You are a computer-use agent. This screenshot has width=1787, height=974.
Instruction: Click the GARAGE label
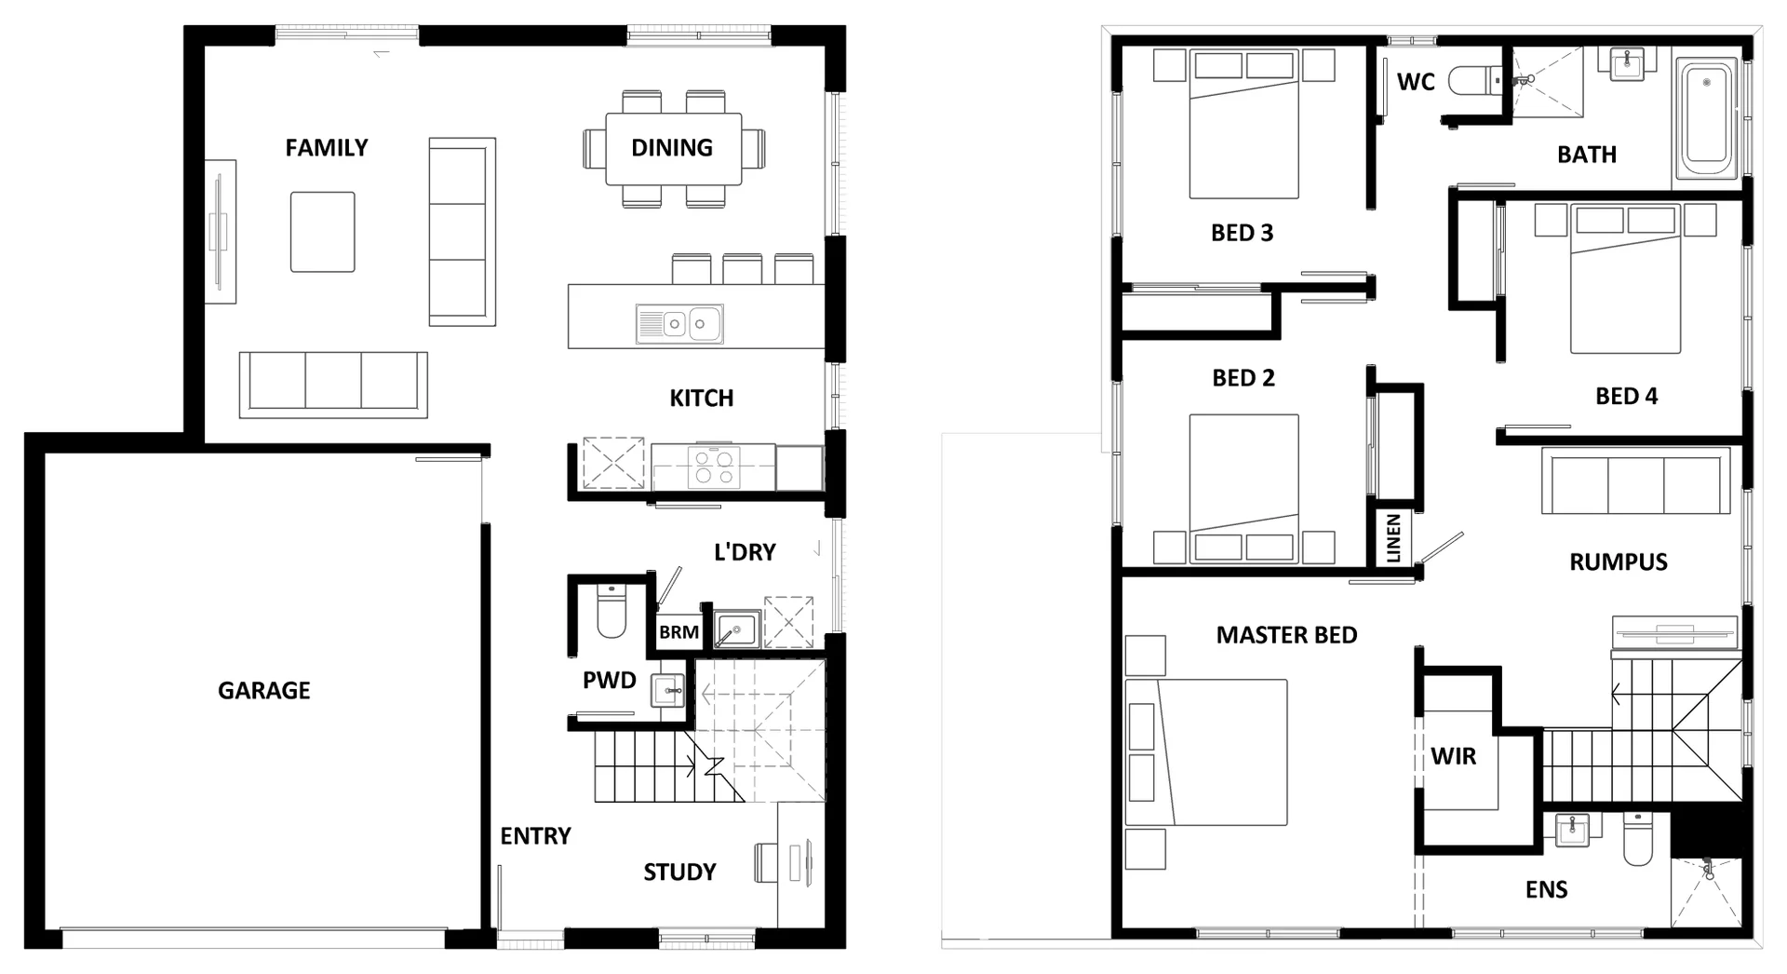[x=263, y=690]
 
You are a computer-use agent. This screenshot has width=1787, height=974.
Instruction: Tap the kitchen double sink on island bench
[x=679, y=324]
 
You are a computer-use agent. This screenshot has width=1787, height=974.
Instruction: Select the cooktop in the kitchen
[x=714, y=467]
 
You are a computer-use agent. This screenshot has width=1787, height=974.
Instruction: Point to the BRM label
[x=679, y=632]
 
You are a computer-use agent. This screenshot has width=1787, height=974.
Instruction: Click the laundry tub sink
[x=737, y=630]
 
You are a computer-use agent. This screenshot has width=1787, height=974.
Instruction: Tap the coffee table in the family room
[x=322, y=232]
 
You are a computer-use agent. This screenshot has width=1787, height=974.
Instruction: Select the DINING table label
[x=672, y=147]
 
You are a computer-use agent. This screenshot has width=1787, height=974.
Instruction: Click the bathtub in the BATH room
[x=1706, y=119]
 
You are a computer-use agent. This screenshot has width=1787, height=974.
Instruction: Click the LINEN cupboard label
[x=1393, y=538]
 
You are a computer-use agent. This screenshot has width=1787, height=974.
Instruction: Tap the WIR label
[x=1453, y=756]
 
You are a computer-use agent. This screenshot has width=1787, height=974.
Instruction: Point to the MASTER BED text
[x=1286, y=635]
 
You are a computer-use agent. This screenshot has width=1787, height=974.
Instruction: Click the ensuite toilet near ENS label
[x=1637, y=839]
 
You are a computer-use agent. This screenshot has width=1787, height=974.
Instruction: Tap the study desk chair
[x=766, y=861]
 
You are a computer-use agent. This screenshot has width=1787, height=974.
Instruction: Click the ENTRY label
[x=535, y=836]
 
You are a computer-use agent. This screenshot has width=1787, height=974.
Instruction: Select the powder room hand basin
[x=667, y=691]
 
